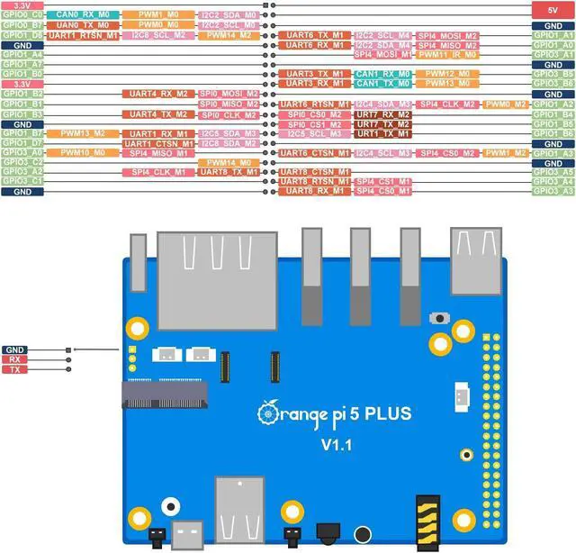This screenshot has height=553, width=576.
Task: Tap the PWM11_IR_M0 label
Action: point(448,55)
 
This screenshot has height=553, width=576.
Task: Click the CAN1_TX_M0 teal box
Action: point(382,84)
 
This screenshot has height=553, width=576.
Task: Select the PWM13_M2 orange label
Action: point(83,133)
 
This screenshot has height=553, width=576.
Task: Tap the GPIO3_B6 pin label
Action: point(553,84)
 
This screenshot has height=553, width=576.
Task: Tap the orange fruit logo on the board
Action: point(269,413)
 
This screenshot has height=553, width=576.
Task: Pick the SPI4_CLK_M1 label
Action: point(157,171)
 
